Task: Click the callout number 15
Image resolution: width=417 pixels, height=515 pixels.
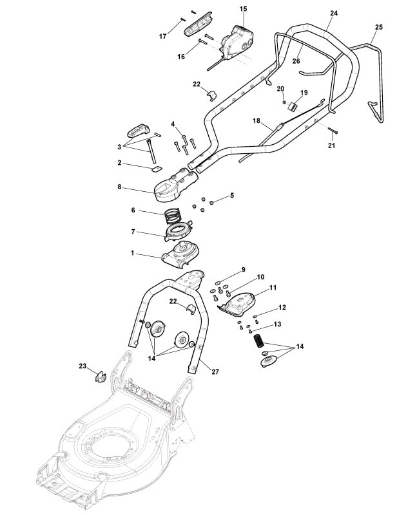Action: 244,8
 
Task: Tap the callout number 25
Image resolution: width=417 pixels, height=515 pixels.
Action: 378,27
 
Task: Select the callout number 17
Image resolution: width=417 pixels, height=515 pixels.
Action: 163,37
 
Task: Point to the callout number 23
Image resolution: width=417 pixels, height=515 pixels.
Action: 82,366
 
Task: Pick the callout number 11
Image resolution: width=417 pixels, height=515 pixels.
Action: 273,287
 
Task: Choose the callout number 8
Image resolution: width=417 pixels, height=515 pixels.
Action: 119,187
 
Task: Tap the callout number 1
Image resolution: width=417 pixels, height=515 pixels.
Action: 133,254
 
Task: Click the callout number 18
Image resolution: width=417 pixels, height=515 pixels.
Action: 256,120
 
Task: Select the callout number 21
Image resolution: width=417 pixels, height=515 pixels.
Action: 332,146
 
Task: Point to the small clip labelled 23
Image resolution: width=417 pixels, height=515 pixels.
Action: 100,375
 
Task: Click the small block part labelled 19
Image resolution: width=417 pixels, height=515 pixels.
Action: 293,105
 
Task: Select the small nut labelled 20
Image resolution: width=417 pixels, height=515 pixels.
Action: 284,101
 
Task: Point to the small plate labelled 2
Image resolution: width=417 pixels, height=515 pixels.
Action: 155,169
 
